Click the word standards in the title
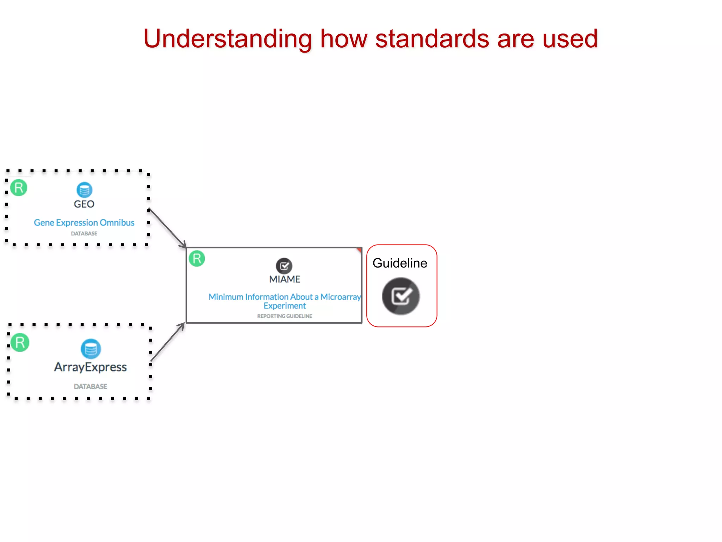point(432,39)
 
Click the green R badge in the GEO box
point(19,188)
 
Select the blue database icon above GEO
point(84,190)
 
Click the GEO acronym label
point(84,204)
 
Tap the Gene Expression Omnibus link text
point(84,223)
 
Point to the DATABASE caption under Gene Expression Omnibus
point(84,234)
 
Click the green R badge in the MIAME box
point(197,258)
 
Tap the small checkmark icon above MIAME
point(284,266)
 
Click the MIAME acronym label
point(284,279)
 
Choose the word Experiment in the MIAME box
point(284,306)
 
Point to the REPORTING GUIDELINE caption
point(284,316)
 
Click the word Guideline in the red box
point(400,263)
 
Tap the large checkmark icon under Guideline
point(401,296)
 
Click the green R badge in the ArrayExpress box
point(20,342)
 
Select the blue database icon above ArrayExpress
point(91,349)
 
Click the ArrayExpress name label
point(90,367)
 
